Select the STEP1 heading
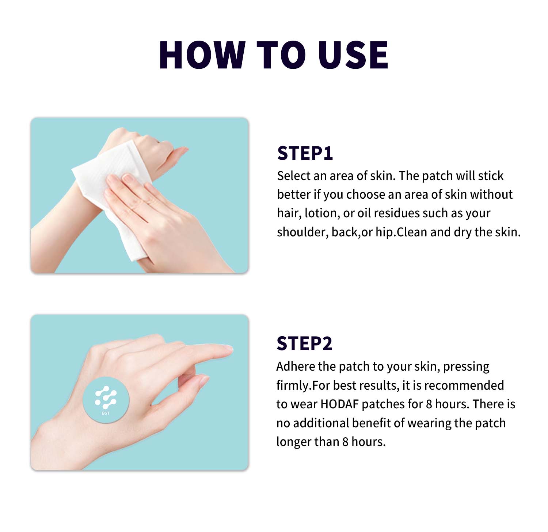pyautogui.click(x=305, y=153)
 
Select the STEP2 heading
pyautogui.click(x=304, y=344)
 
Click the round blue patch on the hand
pyautogui.click(x=106, y=400)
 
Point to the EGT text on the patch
pyautogui.click(x=106, y=413)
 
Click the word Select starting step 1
pyautogui.click(x=293, y=176)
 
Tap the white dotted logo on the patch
pyautogui.click(x=106, y=397)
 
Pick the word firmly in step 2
pyautogui.click(x=293, y=385)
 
